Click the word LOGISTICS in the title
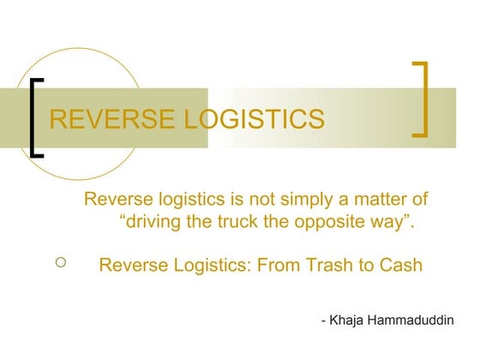pos(255,118)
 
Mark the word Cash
pos(399,265)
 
